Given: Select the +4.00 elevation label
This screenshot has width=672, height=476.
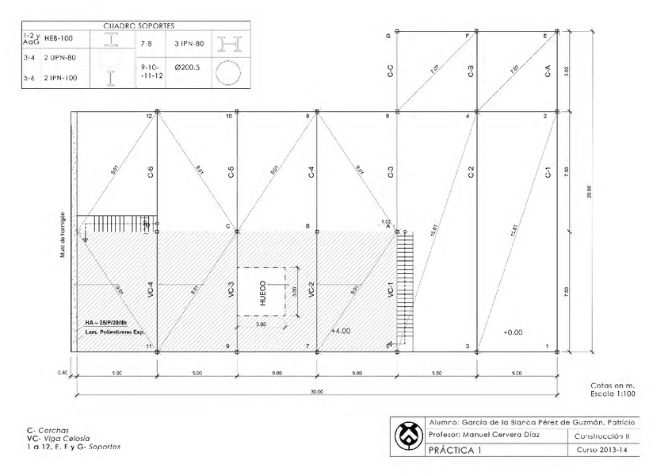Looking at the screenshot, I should pyautogui.click(x=342, y=331).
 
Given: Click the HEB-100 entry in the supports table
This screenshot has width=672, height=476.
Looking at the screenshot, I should pyautogui.click(x=59, y=38).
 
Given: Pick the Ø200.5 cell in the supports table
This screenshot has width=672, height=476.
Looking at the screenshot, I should pyautogui.click(x=187, y=67).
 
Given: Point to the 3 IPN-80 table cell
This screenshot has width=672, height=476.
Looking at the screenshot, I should pyautogui.click(x=189, y=43).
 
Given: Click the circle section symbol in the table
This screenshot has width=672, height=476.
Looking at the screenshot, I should pyautogui.click(x=229, y=72).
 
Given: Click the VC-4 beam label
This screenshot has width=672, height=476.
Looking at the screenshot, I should pyautogui.click(x=151, y=291).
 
